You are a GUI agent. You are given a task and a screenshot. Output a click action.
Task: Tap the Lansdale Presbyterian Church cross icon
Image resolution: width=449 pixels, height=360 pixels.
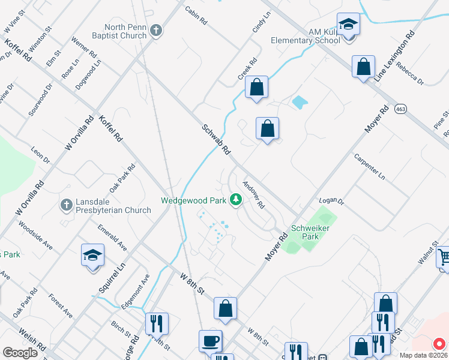click(66, 205)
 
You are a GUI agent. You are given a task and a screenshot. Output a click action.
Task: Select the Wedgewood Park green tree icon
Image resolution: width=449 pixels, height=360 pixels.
click(236, 199)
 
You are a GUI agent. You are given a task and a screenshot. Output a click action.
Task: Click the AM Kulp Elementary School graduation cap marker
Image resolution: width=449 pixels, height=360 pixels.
click(348, 25)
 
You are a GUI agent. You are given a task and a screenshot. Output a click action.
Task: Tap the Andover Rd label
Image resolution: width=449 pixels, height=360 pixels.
click(253, 194)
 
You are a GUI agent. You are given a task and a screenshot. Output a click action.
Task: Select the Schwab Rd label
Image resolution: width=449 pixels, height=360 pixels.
click(216, 139)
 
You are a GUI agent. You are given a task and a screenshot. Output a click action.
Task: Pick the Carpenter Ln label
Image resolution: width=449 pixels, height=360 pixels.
click(369, 167)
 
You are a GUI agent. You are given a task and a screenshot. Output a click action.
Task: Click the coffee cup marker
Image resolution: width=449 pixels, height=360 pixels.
click(210, 341)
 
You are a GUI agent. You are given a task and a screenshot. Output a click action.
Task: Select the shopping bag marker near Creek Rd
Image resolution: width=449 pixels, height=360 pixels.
click(256, 88)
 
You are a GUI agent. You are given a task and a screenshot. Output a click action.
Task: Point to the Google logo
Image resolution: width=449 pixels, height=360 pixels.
click(20, 353)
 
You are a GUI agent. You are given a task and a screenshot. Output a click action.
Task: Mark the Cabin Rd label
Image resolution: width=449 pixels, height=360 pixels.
click(196, 16)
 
